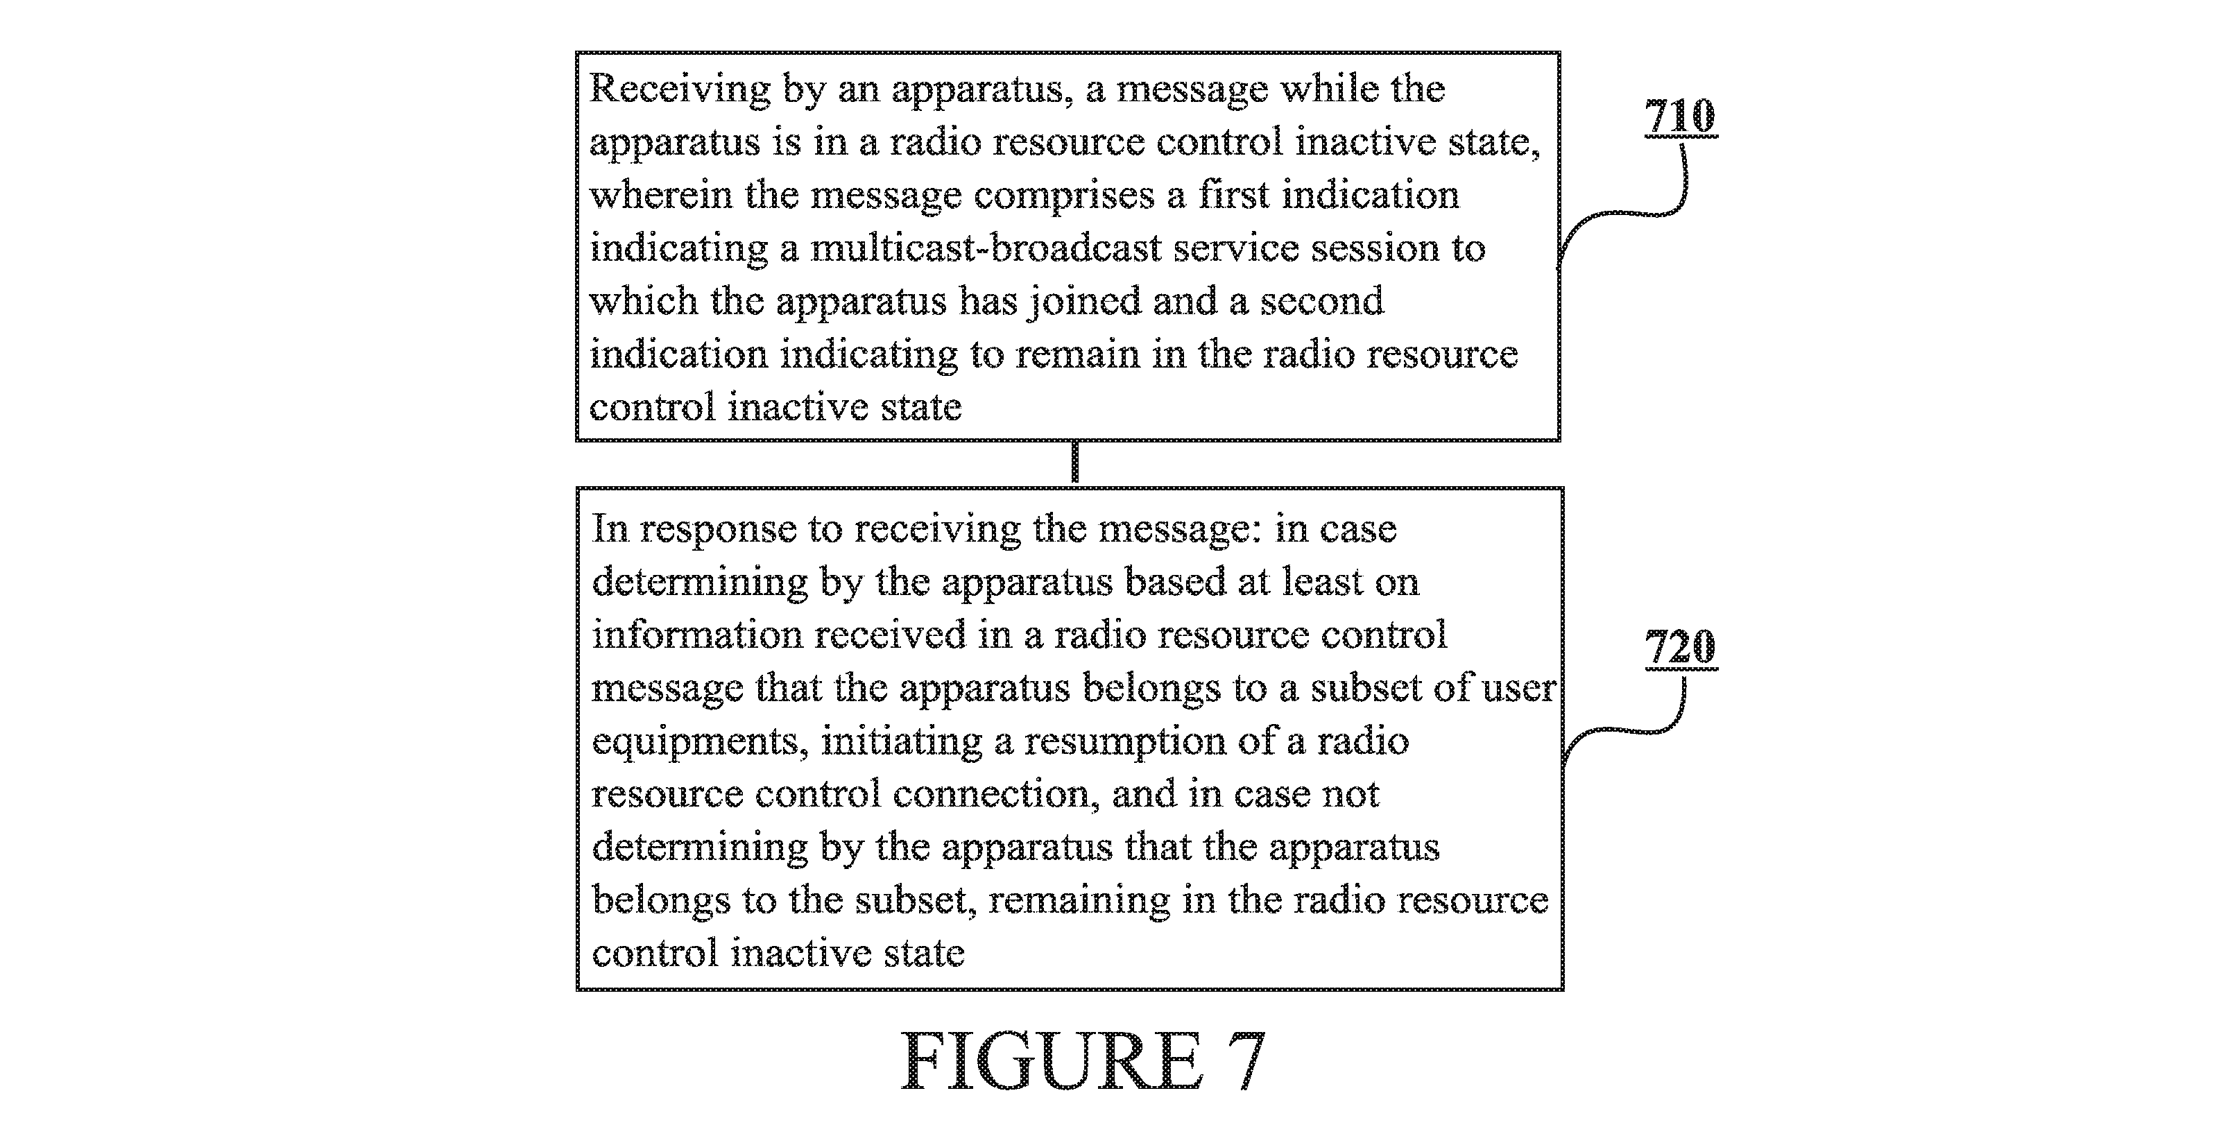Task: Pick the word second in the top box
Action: [1322, 301]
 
